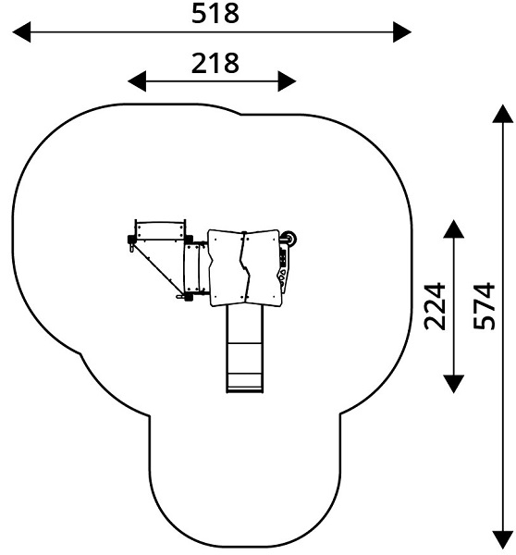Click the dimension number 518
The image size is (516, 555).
pos(215,14)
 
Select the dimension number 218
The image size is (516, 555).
pos(215,64)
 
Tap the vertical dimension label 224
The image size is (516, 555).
pos(435,306)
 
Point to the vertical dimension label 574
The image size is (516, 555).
pos(485,306)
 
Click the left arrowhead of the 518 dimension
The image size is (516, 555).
pos(22,31)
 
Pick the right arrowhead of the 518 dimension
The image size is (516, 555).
pos(402,31)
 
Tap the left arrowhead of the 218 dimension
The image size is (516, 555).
pos(137,81)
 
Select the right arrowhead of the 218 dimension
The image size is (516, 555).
pos(287,81)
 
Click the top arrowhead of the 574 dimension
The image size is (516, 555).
pos(502,114)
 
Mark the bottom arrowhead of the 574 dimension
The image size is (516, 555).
pos(502,540)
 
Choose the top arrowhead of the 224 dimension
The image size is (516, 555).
pos(453,228)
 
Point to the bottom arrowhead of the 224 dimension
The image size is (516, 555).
pos(453,384)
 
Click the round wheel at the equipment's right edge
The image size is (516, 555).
pos(290,239)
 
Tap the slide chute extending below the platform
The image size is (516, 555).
pos(244,349)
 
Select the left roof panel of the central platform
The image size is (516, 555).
pos(227,268)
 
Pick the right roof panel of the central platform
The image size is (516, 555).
pos(263,268)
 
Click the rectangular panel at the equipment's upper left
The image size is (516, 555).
pos(160,230)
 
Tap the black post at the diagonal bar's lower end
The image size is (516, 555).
pos(189,297)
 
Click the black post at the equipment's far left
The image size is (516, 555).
pos(131,240)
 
